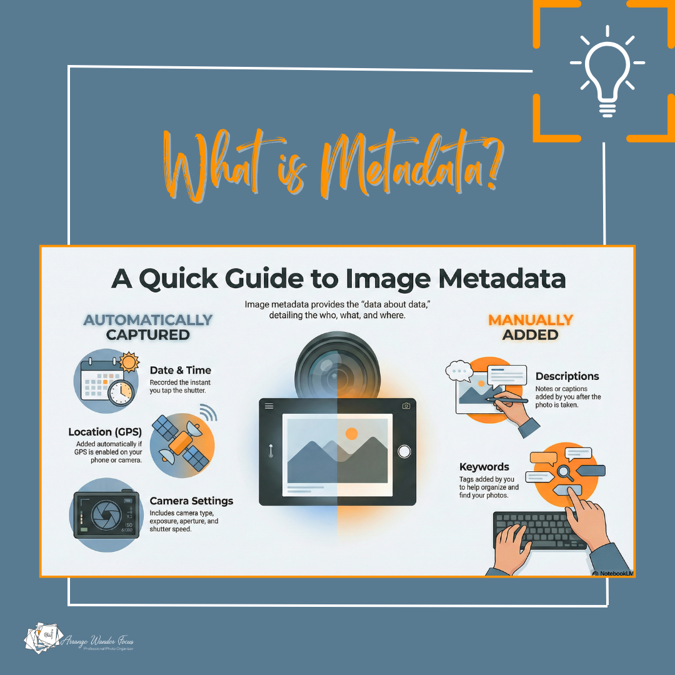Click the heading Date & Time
pos(181,370)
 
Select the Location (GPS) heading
pos(105,432)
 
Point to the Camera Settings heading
pos(191,501)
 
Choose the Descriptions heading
pos(567,376)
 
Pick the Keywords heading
pos(484,467)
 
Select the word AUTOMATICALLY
pos(148,320)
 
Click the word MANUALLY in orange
pos(531,320)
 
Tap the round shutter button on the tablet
pos(404,451)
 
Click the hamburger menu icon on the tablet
pos(269,406)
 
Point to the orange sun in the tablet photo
pos(351,432)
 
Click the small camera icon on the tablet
pos(406,406)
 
